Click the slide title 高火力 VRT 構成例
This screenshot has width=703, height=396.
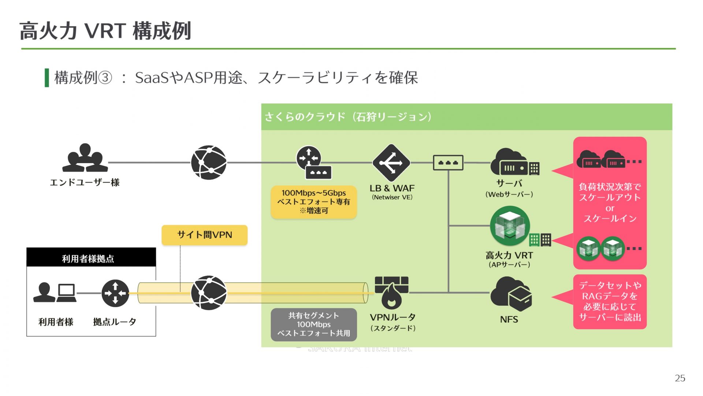105,31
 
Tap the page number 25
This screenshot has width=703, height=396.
680,378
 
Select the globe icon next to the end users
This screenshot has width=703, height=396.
209,162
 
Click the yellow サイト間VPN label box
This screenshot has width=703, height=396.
204,235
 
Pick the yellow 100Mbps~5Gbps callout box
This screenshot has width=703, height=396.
313,202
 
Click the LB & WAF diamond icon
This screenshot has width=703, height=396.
391,163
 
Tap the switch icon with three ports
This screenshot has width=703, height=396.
448,162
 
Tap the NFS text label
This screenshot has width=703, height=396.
509,319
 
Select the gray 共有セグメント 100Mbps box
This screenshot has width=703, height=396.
314,324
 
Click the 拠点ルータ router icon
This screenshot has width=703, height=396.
115,293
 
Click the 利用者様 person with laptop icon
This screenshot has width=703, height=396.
55,293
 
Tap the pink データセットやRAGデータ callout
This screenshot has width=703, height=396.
610,301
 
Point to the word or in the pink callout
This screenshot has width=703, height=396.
610,208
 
